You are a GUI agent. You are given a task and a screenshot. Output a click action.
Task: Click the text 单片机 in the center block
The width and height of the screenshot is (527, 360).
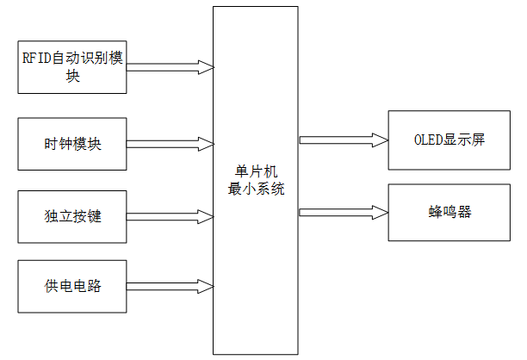[256, 171]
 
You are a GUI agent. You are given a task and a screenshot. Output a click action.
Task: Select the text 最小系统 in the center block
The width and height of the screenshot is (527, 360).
[256, 188]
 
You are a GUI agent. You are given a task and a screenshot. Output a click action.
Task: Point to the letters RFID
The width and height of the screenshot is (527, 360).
[36, 59]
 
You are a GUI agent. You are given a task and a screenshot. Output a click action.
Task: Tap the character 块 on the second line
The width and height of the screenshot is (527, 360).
[72, 76]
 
